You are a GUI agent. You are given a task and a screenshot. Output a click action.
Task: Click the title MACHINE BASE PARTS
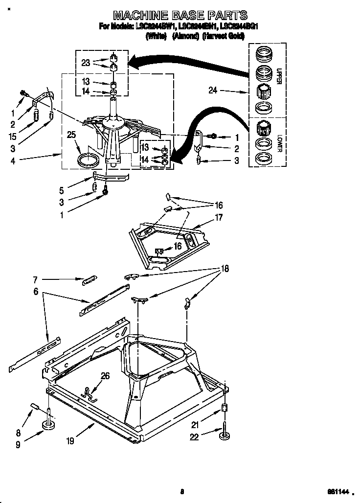[x=180, y=15]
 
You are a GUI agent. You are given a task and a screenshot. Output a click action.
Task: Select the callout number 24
[x=212, y=91]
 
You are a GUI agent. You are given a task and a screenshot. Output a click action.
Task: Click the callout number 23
[x=86, y=63]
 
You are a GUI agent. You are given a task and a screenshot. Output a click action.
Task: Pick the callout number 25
[x=71, y=135]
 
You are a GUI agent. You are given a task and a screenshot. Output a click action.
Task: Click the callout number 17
[x=218, y=217]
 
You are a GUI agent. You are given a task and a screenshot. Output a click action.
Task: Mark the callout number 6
[x=35, y=291]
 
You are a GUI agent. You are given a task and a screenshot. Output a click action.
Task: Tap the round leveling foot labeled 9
[x=48, y=426]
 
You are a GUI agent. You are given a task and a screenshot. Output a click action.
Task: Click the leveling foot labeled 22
[x=225, y=433]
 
